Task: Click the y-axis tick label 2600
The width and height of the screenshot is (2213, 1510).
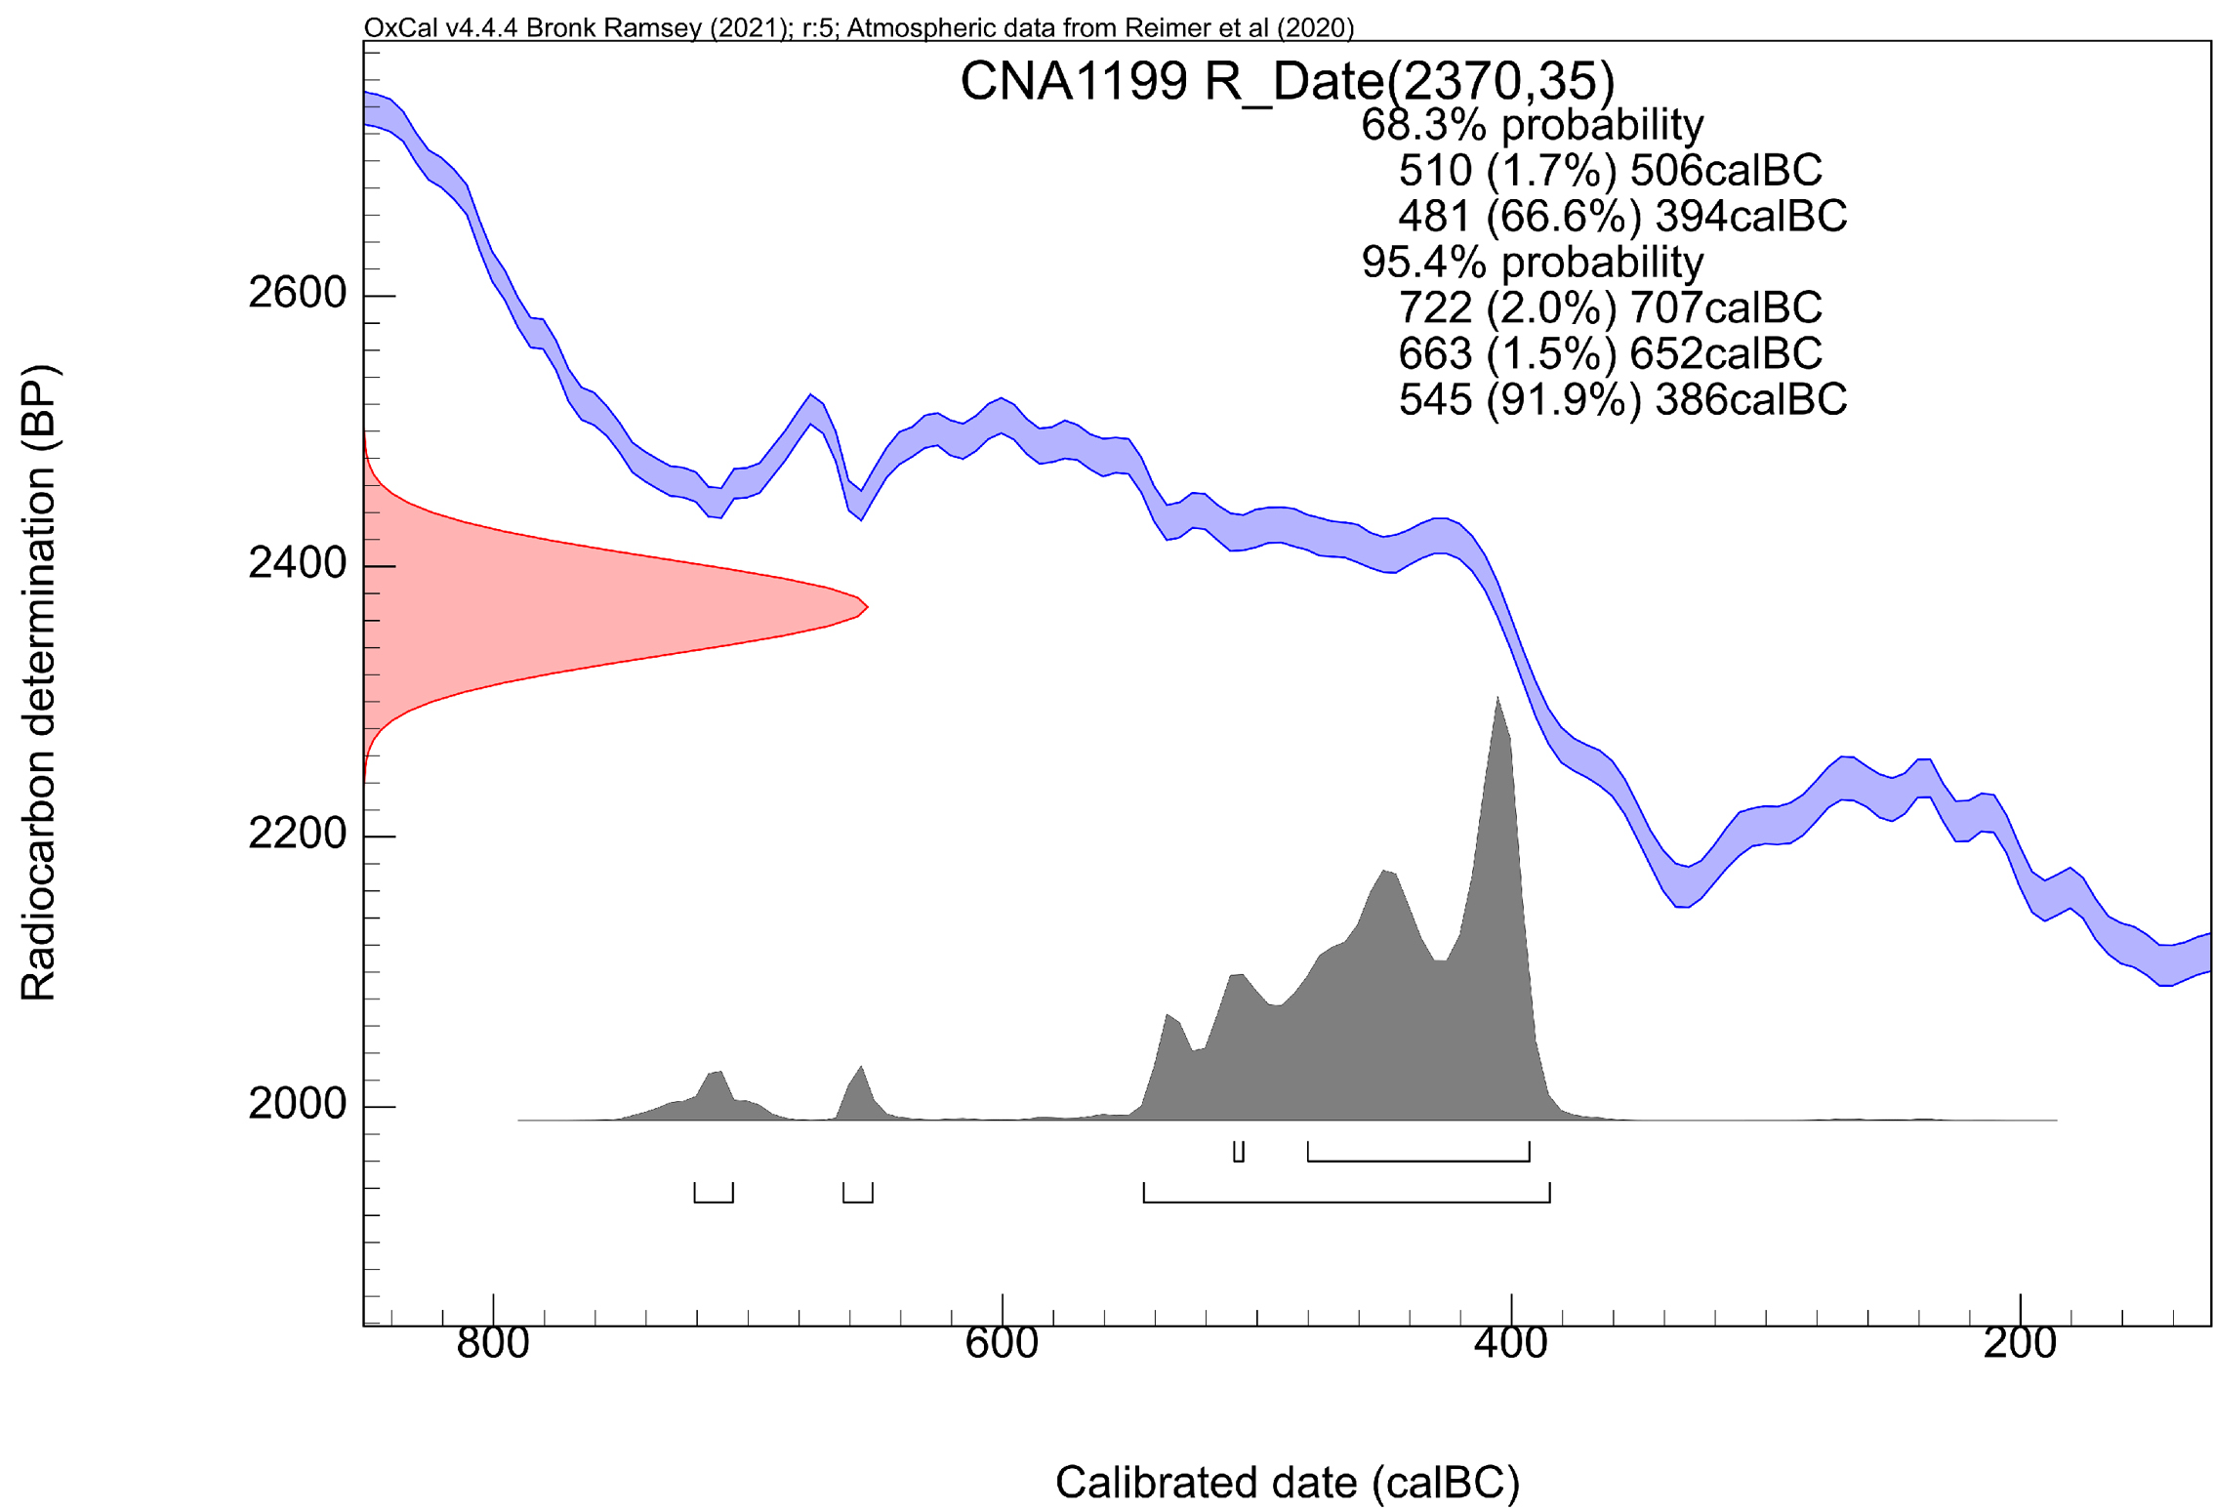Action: pyautogui.click(x=297, y=293)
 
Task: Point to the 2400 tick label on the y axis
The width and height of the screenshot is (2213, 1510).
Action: pyautogui.click(x=297, y=563)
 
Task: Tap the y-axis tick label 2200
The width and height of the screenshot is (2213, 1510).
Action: pyautogui.click(x=297, y=834)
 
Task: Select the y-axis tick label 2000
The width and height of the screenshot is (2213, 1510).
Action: pyautogui.click(x=297, y=1104)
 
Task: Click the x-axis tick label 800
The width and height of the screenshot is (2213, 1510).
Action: pyautogui.click(x=493, y=1344)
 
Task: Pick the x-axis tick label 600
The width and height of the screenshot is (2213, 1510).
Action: pyautogui.click(x=1002, y=1344)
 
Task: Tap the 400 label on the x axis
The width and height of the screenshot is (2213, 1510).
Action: pyautogui.click(x=1510, y=1344)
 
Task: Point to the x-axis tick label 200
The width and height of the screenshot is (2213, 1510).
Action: pyautogui.click(x=2019, y=1344)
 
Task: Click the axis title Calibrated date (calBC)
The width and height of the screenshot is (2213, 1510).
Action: pyautogui.click(x=1287, y=1483)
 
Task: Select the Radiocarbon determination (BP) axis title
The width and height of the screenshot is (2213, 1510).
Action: pyautogui.click(x=39, y=683)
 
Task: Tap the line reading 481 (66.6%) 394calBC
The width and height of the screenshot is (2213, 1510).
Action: pyautogui.click(x=1621, y=216)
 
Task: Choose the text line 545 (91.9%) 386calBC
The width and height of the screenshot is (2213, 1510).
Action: pyautogui.click(x=1621, y=399)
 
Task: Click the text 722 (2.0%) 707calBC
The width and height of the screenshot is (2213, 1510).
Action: pyautogui.click(x=1609, y=307)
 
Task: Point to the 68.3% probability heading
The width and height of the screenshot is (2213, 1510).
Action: pyautogui.click(x=1532, y=125)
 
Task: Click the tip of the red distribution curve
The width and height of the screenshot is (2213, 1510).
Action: pyautogui.click(x=867, y=607)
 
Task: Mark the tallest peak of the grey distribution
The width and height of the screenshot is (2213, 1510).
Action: pyautogui.click(x=1496, y=699)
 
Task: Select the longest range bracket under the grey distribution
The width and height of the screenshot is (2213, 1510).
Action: pyautogui.click(x=1346, y=1201)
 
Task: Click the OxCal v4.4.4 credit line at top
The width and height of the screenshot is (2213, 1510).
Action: pyautogui.click(x=858, y=27)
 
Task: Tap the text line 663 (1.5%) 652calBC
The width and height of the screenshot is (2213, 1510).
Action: pyautogui.click(x=1609, y=353)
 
